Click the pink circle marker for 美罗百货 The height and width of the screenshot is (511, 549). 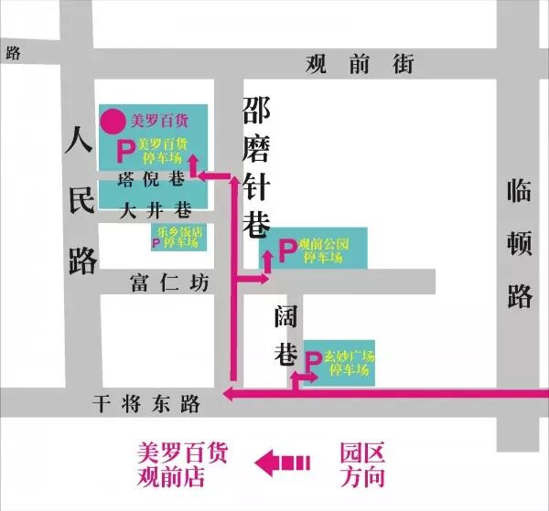pyautogui.click(x=113, y=120)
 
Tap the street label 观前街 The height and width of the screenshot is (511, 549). pyautogui.click(x=359, y=64)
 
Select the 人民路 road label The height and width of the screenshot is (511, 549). pyautogui.click(x=81, y=202)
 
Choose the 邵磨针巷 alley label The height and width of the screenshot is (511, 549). pyautogui.click(x=257, y=168)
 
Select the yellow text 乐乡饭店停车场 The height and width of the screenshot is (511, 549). pyautogui.click(x=179, y=238)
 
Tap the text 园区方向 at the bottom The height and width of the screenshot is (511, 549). pyautogui.click(x=362, y=463)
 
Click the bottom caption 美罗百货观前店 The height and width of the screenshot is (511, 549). pyautogui.click(x=182, y=463)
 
